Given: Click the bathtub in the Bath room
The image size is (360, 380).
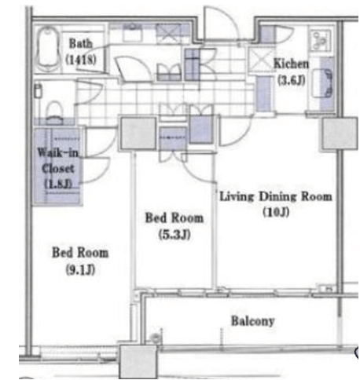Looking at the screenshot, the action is [x=47, y=49].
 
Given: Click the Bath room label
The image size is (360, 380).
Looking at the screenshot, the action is [x=81, y=43].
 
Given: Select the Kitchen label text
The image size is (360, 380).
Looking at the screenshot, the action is [x=291, y=64].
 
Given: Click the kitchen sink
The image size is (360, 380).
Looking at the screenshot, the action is [x=323, y=83].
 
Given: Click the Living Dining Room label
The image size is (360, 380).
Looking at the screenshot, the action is [x=276, y=196].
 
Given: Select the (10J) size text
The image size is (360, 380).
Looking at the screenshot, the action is [x=276, y=212].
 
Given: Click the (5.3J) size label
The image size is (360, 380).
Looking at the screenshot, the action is [x=174, y=235].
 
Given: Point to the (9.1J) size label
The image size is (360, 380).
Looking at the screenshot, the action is [x=80, y=269].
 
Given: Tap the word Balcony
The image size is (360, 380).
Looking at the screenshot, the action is [x=253, y=321].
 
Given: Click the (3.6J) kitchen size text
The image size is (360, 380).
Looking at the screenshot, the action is [x=291, y=80].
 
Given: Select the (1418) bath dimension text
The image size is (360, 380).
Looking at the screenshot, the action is [x=81, y=60].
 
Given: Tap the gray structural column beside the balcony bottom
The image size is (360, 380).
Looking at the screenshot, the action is [x=138, y=362].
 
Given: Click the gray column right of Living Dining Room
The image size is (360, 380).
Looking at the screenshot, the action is [x=340, y=133].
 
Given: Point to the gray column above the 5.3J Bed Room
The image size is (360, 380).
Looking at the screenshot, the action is [x=138, y=133].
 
